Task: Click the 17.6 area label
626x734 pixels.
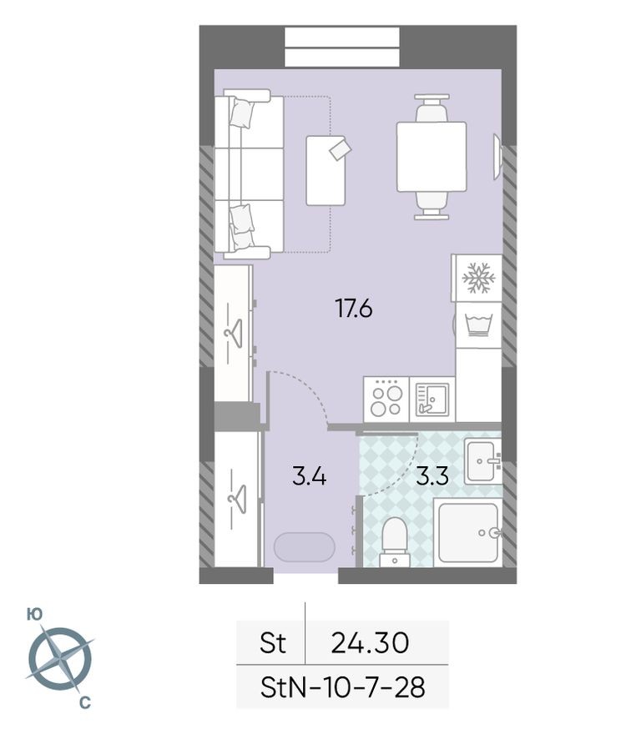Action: pos(353,309)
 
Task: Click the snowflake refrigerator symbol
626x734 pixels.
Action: pos(478,278)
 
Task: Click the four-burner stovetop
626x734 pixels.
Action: pos(386,398)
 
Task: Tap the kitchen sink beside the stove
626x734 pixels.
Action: pos(432,399)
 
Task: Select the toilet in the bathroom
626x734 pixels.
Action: pos(394,541)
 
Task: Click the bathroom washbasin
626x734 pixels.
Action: pos(483,460)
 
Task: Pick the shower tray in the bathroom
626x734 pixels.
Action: pos(467,532)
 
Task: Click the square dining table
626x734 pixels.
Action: pos(431,157)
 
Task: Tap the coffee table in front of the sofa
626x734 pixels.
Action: pos(326,170)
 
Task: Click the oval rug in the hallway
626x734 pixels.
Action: pos(305,547)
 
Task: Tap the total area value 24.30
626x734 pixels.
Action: pos(370,642)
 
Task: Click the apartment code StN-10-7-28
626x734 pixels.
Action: pos(342,687)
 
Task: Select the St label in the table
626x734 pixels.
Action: pos(272,643)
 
